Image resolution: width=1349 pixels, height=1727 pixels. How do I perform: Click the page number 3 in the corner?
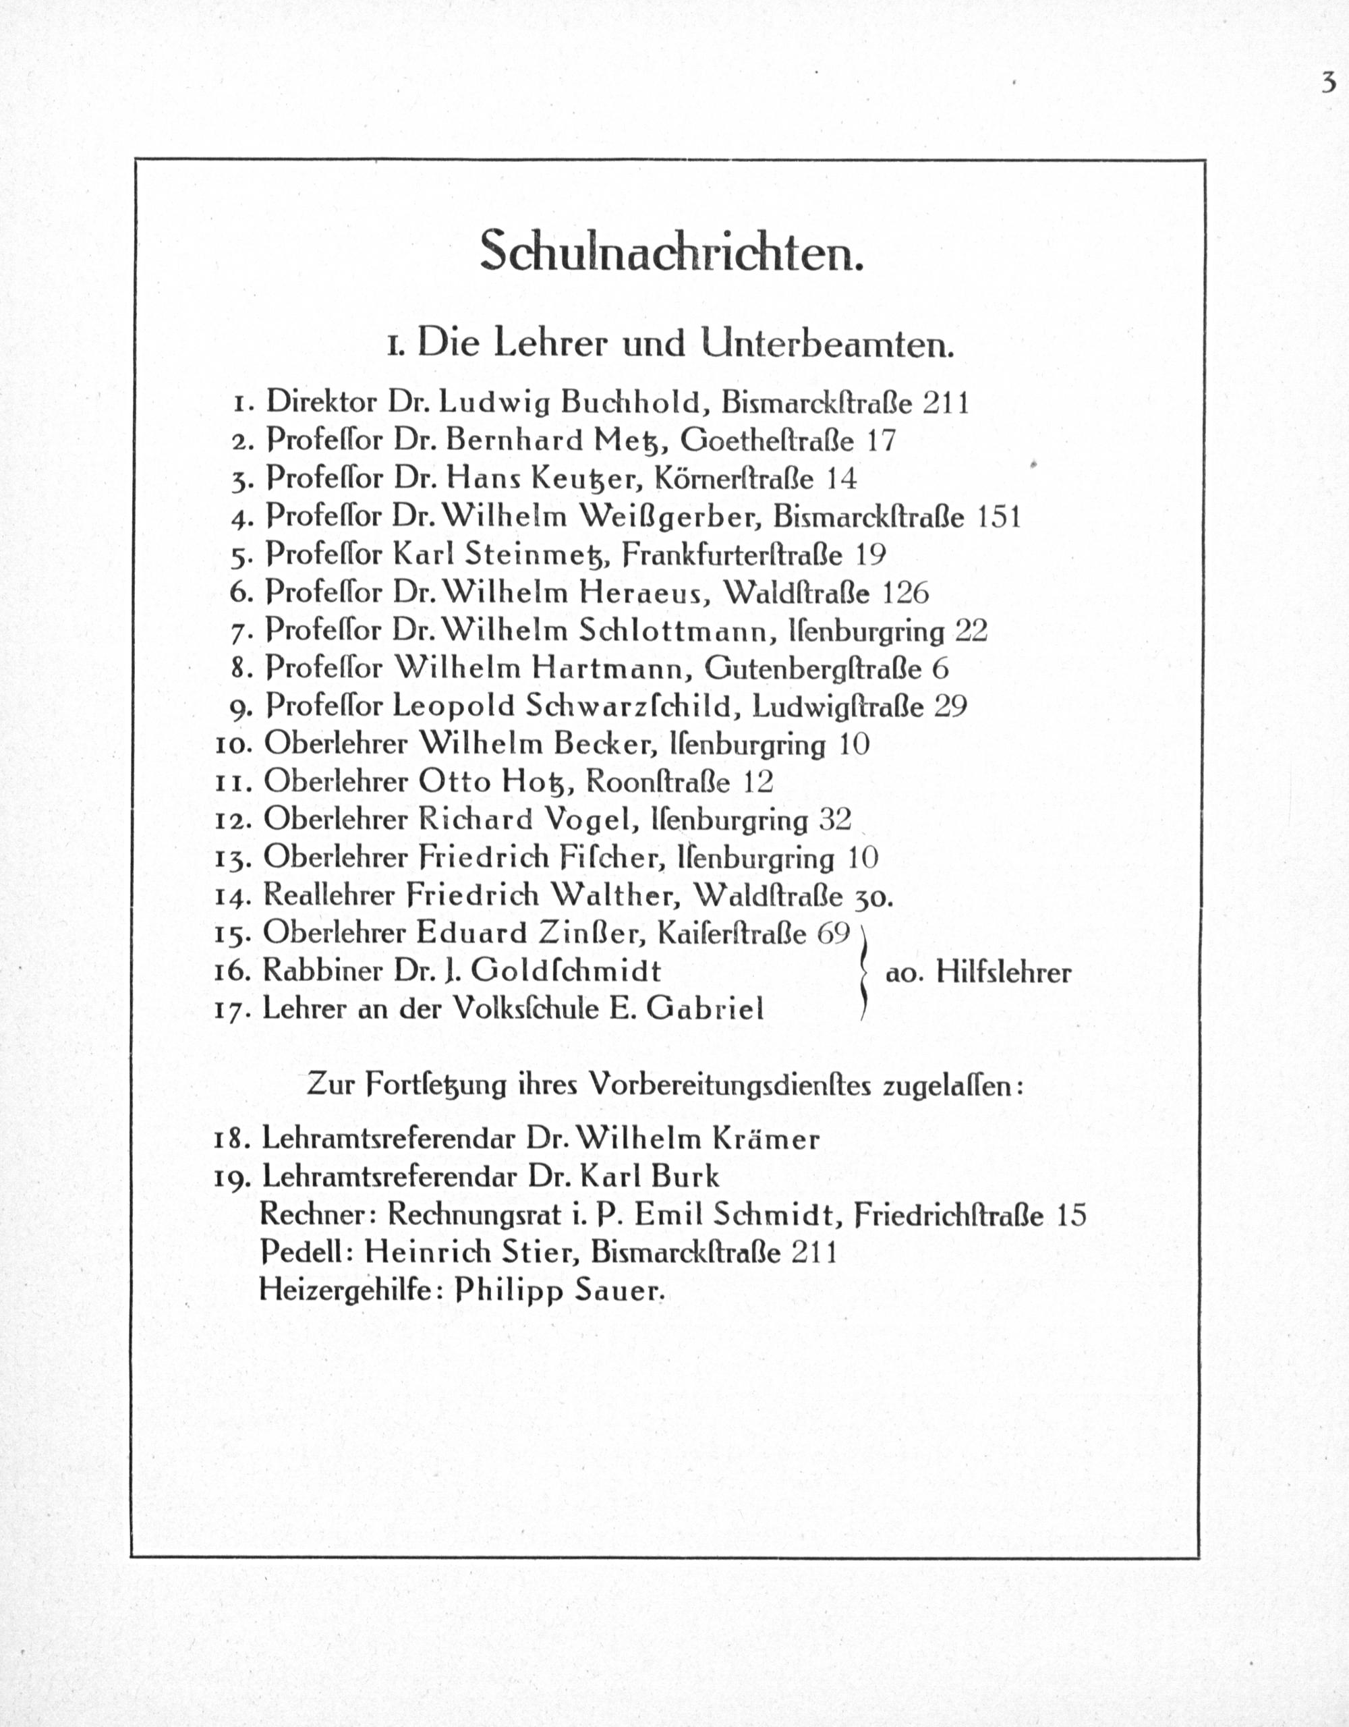coord(1327,83)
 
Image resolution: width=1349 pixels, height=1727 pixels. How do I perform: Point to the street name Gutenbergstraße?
coord(813,669)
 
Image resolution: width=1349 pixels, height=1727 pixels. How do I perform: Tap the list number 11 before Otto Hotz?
coord(233,783)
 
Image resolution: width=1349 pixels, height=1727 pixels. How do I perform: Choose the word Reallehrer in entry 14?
coord(328,895)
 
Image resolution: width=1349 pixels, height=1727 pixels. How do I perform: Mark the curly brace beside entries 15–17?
coord(864,972)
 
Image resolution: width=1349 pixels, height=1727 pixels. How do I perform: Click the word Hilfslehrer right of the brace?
coord(1003,973)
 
